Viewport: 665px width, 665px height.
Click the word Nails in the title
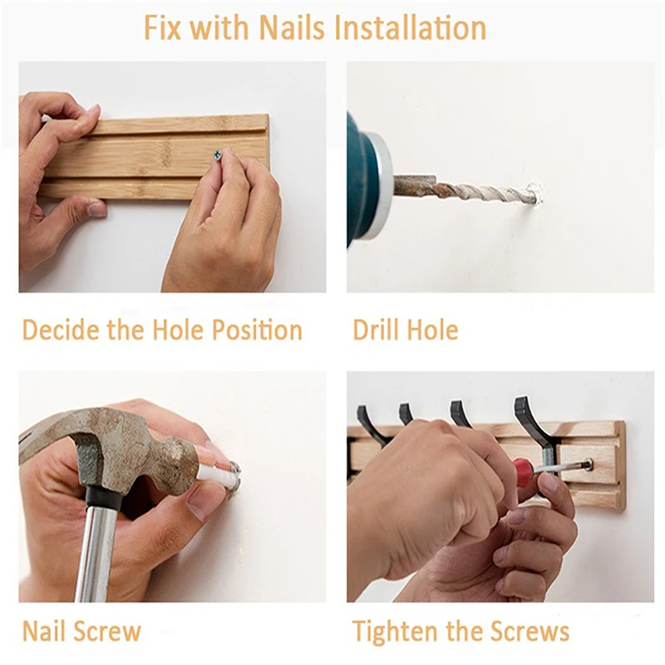[x=292, y=28]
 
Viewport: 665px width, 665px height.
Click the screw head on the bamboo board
[x=218, y=155]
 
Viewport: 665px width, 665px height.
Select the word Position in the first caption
[x=257, y=330]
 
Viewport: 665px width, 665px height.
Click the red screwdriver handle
[x=523, y=468]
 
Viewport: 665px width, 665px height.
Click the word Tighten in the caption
[x=396, y=631]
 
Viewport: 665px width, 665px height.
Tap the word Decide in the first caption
[x=62, y=330]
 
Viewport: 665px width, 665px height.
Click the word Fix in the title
[x=161, y=28]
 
